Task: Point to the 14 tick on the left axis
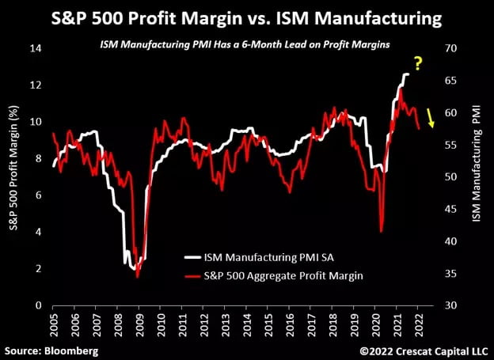click(36, 48)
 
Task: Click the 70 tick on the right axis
click(450, 48)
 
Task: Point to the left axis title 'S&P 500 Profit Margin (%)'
click(13, 176)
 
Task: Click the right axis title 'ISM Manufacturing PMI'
click(477, 176)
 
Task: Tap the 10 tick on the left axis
click(36, 122)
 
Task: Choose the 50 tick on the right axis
click(450, 177)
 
